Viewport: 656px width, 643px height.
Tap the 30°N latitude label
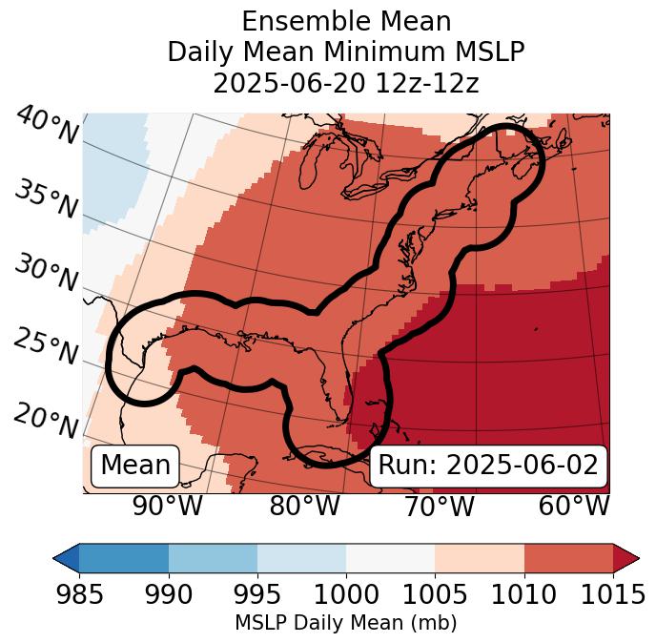pyautogui.click(x=46, y=274)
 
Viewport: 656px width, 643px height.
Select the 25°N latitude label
pyautogui.click(x=46, y=347)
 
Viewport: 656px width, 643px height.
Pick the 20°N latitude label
pyautogui.click(x=46, y=420)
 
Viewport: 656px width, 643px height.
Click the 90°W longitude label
pyautogui.click(x=167, y=506)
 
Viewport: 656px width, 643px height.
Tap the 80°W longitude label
pyautogui.click(x=304, y=506)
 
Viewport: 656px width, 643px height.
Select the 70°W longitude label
pyautogui.click(x=439, y=506)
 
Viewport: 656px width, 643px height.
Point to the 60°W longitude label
pyautogui.click(x=574, y=506)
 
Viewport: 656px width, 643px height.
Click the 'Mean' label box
pyautogui.click(x=135, y=466)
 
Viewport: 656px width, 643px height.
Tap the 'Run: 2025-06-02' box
pyautogui.click(x=488, y=466)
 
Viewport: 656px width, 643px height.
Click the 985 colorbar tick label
pyautogui.click(x=79, y=594)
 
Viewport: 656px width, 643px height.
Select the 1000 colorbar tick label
pyautogui.click(x=346, y=594)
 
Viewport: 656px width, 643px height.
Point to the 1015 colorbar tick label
pyautogui.click(x=612, y=594)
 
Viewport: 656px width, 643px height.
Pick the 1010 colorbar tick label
pyautogui.click(x=523, y=594)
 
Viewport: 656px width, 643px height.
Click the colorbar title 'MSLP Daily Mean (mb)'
pyautogui.click(x=345, y=624)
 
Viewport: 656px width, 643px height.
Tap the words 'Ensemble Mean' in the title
pyautogui.click(x=345, y=21)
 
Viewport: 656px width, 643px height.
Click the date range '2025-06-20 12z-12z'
pyautogui.click(x=345, y=83)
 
